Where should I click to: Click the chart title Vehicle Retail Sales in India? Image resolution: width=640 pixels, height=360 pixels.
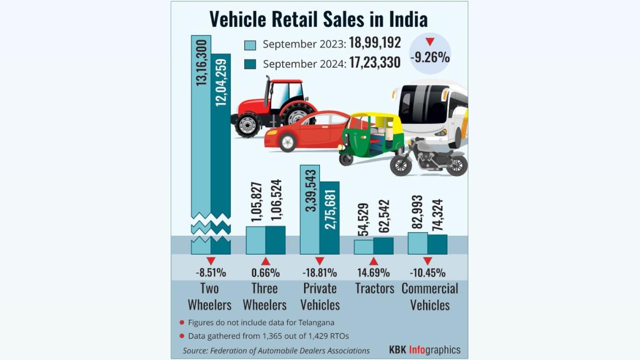(318, 19)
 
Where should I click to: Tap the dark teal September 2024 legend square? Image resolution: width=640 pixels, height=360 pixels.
(250, 64)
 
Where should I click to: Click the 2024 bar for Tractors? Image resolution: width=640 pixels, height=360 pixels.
(383, 246)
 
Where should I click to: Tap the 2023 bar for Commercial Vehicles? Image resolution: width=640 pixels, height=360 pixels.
(417, 243)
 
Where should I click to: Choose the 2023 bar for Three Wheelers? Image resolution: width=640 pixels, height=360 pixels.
(255, 240)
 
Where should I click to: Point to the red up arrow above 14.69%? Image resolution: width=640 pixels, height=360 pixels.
(373, 261)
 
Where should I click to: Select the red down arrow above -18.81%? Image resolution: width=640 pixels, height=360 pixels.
(319, 261)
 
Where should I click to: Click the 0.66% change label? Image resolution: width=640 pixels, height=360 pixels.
(265, 273)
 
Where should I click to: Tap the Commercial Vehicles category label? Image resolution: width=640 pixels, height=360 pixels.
(429, 297)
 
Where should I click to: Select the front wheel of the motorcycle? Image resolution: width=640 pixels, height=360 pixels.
(401, 165)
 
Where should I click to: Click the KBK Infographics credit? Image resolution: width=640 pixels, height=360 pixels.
(425, 350)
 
